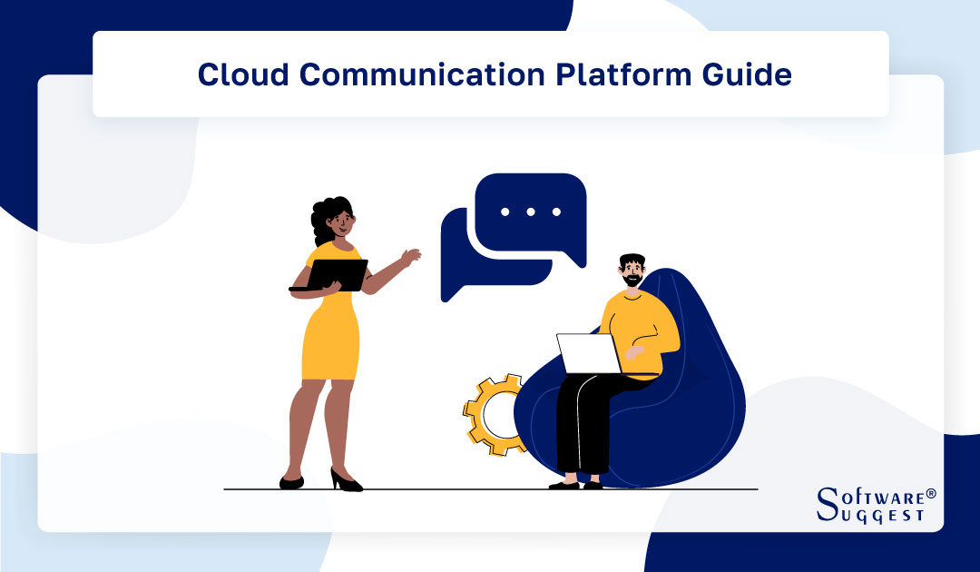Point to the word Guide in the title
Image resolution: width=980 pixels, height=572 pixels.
point(747,74)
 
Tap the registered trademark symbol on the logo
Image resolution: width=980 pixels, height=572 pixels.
point(930,493)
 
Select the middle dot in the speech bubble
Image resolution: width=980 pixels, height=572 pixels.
point(531,212)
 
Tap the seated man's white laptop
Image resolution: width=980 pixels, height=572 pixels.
point(587,354)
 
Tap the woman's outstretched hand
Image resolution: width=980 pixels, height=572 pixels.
point(413,255)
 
